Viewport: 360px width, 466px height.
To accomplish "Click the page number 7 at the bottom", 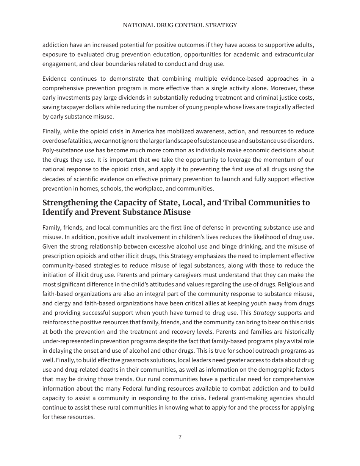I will (x=180, y=437).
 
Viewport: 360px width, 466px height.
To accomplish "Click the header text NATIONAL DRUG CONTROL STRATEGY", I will (x=180, y=25).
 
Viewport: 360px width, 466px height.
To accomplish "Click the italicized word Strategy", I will (x=265, y=313).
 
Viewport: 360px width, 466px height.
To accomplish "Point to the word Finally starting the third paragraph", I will (x=51, y=131).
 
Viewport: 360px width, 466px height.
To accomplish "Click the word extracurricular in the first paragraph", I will (x=291, y=55).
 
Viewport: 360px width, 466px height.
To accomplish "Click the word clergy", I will (x=61, y=303).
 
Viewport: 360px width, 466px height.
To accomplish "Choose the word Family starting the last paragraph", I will (x=51, y=228).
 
